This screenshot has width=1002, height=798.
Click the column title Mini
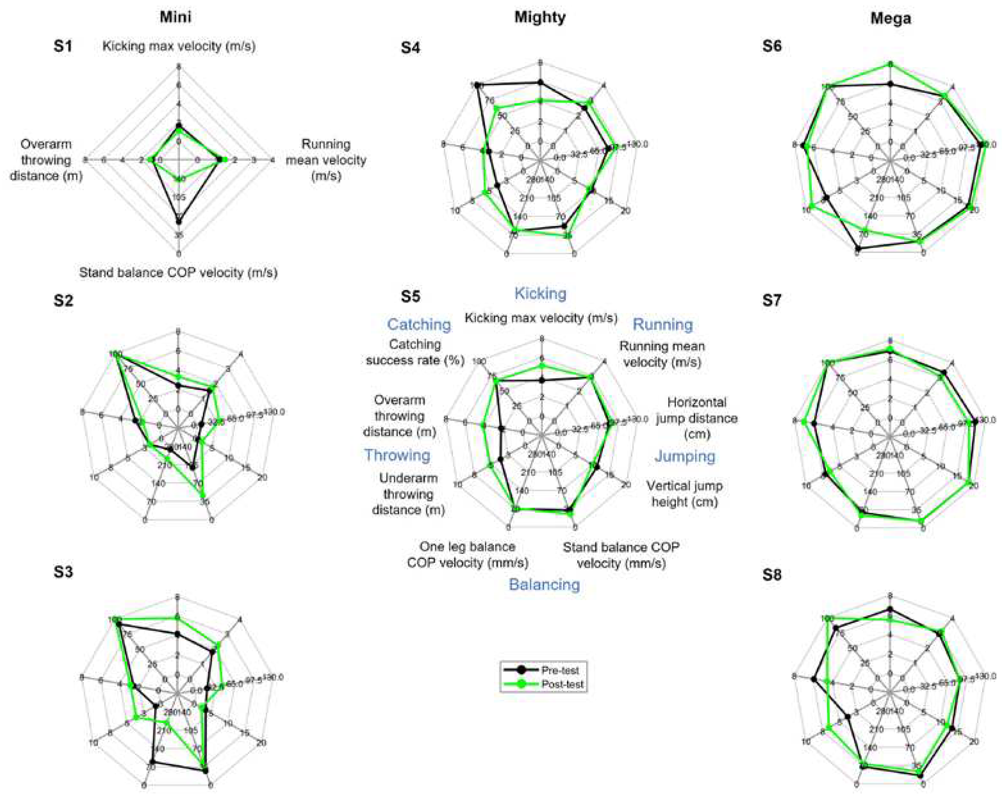click(x=175, y=17)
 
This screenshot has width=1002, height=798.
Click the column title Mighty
click(x=540, y=17)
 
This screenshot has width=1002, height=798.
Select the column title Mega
click(x=891, y=18)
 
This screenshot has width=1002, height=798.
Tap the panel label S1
click(x=63, y=46)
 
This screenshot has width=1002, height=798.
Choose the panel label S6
click(x=772, y=46)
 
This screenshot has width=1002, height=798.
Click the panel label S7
click(x=772, y=300)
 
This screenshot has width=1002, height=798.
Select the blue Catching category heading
click(x=419, y=324)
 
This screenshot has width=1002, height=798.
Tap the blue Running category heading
click(x=663, y=324)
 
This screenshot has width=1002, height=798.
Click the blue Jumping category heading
click(x=685, y=456)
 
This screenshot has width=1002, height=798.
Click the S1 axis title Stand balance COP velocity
click(x=178, y=272)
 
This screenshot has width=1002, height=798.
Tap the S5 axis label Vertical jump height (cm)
click(x=685, y=494)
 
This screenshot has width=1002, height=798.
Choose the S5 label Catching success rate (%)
click(x=415, y=352)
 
